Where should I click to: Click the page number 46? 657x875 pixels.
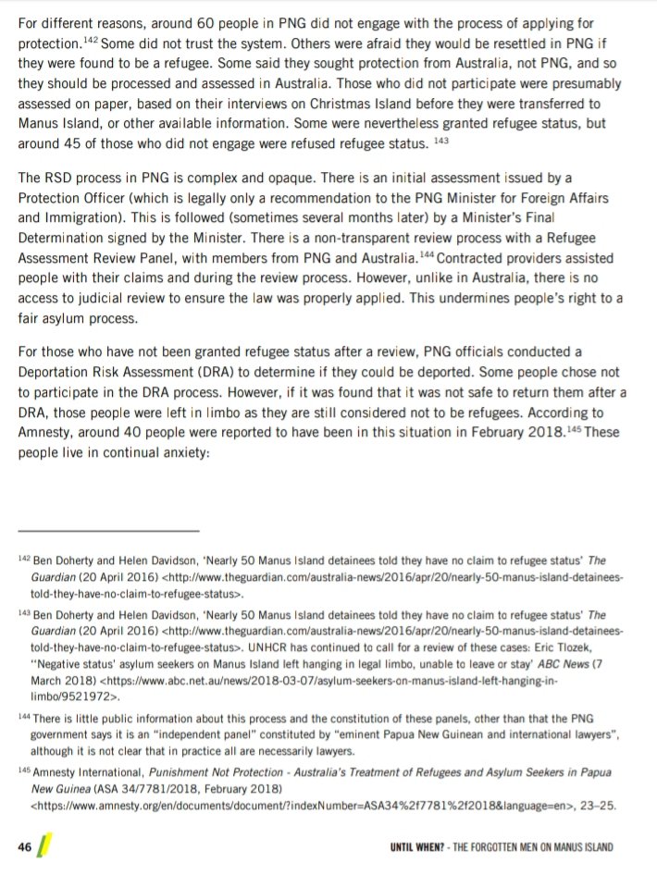coord(26,845)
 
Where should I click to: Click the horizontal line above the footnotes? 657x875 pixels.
coord(108,531)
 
